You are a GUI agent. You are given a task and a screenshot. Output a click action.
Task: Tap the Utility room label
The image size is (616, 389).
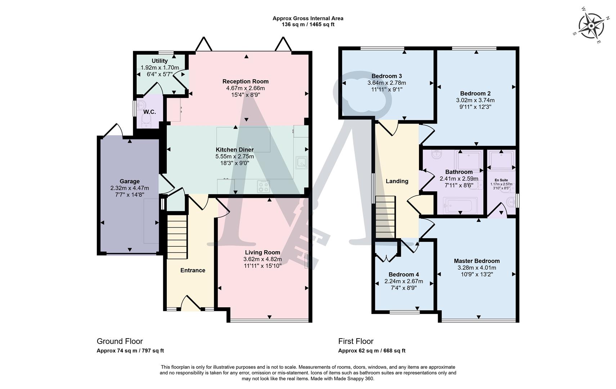pos(160,61)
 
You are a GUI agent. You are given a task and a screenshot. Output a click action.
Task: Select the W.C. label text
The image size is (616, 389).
pos(149,112)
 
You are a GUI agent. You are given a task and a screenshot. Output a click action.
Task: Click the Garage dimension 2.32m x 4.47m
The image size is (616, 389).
pos(129,188)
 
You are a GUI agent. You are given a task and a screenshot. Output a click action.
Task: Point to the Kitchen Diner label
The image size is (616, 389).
pos(235,149)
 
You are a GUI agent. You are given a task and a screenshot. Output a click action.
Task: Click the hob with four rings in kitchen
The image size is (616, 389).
pos(263,187)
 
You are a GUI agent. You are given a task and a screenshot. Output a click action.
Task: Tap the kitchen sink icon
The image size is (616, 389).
pos(301,163)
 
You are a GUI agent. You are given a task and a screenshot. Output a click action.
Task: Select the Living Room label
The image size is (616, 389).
pos(262,252)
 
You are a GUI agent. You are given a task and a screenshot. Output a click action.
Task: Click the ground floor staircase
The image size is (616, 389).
pos(177,237)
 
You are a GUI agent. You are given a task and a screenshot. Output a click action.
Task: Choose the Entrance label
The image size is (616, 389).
pos(193,270)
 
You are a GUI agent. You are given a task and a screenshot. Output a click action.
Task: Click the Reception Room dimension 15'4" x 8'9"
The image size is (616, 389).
pos(245,95)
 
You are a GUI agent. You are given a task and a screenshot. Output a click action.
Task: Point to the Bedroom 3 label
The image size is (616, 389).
pos(387,76)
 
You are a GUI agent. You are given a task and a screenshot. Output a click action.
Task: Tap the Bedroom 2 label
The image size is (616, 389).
pos(475,93)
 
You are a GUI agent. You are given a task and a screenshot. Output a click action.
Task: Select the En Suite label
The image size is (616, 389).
pos(501,180)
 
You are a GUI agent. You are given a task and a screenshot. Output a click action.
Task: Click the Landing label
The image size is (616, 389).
pos(397,181)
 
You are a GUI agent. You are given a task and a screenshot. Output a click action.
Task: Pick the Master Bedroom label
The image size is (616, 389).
pos(477,261)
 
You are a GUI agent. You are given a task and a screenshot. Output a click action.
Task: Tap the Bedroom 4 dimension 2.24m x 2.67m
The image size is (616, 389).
pos(403,281)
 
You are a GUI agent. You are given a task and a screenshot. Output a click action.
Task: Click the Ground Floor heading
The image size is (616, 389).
pos(120,341)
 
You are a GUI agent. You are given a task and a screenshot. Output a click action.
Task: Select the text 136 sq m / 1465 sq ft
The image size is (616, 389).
pos(308,24)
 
